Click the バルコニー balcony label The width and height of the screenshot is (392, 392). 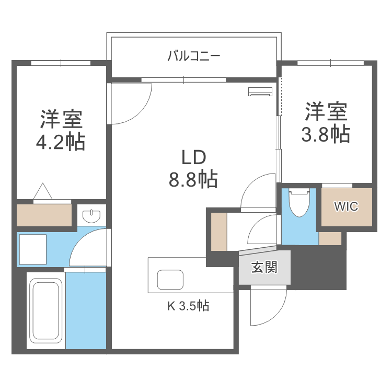click(x=193, y=55)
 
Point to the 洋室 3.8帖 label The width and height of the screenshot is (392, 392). click(x=325, y=123)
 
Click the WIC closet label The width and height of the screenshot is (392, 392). click(x=346, y=206)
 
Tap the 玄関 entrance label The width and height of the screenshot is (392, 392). click(x=264, y=268)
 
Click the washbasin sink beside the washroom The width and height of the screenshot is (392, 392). click(x=92, y=215)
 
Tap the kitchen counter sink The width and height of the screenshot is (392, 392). click(x=170, y=280)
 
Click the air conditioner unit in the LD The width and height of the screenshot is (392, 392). click(x=260, y=91)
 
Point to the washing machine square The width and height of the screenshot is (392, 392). click(x=32, y=249)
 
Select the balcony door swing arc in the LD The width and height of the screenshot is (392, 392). click(x=131, y=103)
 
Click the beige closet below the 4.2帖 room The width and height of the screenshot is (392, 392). click(x=44, y=215)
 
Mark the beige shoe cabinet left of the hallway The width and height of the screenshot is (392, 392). click(x=218, y=230)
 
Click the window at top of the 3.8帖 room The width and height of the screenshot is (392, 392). click(x=330, y=63)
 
